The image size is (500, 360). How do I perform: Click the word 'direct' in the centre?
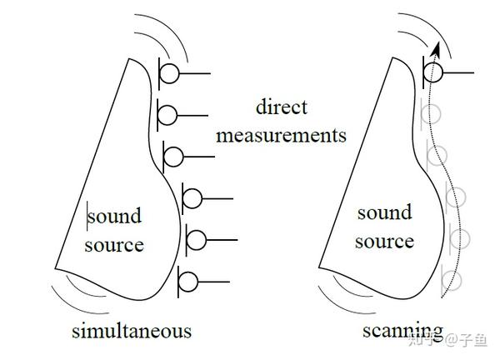point(282,107)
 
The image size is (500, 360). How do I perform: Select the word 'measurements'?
point(281,135)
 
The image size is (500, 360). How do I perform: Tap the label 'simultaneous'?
point(131,331)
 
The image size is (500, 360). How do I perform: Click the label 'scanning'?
point(402,330)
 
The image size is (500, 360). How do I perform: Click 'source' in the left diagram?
point(114,244)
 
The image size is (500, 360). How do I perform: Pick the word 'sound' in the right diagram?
point(384,212)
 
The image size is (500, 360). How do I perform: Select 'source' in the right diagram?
point(384,242)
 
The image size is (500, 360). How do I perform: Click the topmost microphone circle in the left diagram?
point(169,73)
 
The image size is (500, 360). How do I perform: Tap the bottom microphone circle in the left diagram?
point(187,282)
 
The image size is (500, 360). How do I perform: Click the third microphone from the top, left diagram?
point(174,155)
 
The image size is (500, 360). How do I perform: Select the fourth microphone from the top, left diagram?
point(192,198)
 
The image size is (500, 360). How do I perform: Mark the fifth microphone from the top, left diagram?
point(196,240)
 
